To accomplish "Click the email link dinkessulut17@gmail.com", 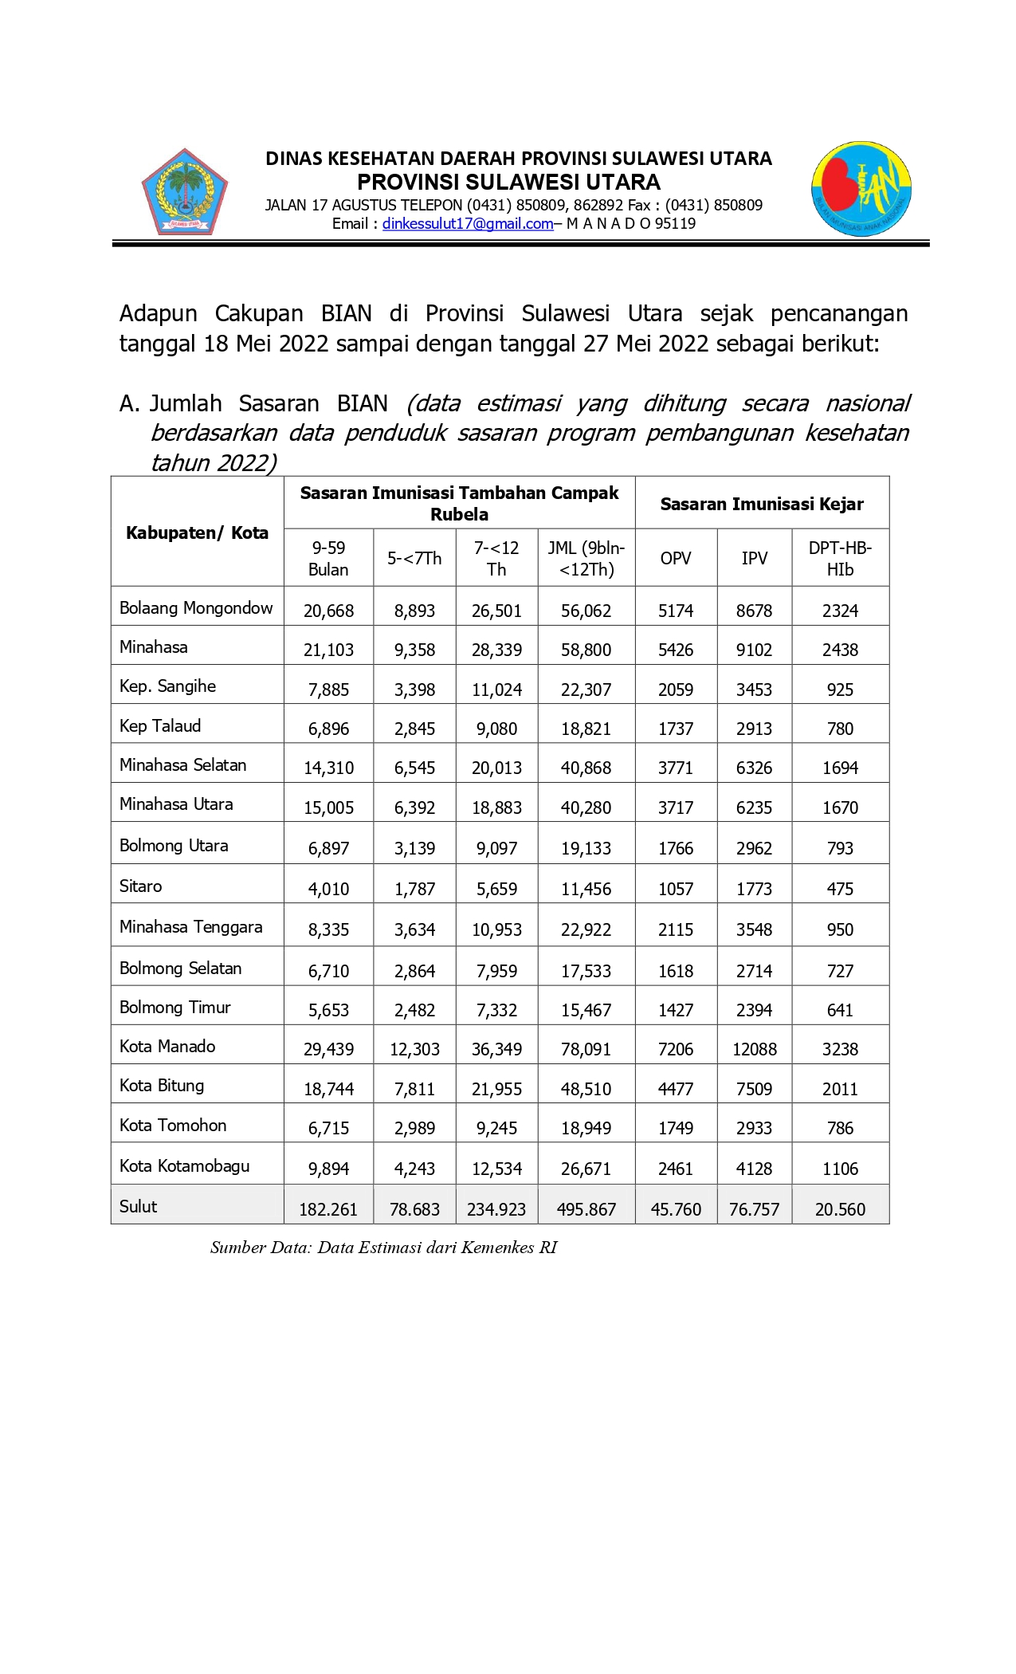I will click(467, 224).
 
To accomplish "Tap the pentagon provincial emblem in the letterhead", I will click(185, 192).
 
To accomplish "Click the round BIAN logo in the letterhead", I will click(861, 190).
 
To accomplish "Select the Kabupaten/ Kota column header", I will click(197, 532).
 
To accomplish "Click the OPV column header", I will click(676, 558).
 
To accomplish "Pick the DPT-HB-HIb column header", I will click(840, 558).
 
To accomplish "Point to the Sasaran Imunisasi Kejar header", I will click(762, 504).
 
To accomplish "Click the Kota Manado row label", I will click(167, 1046).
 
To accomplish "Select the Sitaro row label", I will click(140, 886).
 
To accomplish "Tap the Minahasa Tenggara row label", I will click(190, 926).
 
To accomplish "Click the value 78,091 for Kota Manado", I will click(586, 1049).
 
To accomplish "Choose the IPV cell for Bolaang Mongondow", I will click(754, 611).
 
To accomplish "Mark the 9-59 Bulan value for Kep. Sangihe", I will click(328, 690).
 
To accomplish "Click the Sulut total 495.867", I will click(586, 1209).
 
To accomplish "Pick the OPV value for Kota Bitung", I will click(676, 1089).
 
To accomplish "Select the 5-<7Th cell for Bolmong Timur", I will click(414, 1010).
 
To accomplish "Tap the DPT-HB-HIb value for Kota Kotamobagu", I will click(840, 1169).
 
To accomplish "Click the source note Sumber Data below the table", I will click(383, 1248).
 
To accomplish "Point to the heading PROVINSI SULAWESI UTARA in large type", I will click(508, 183).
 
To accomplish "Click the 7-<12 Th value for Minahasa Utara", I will click(496, 808).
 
